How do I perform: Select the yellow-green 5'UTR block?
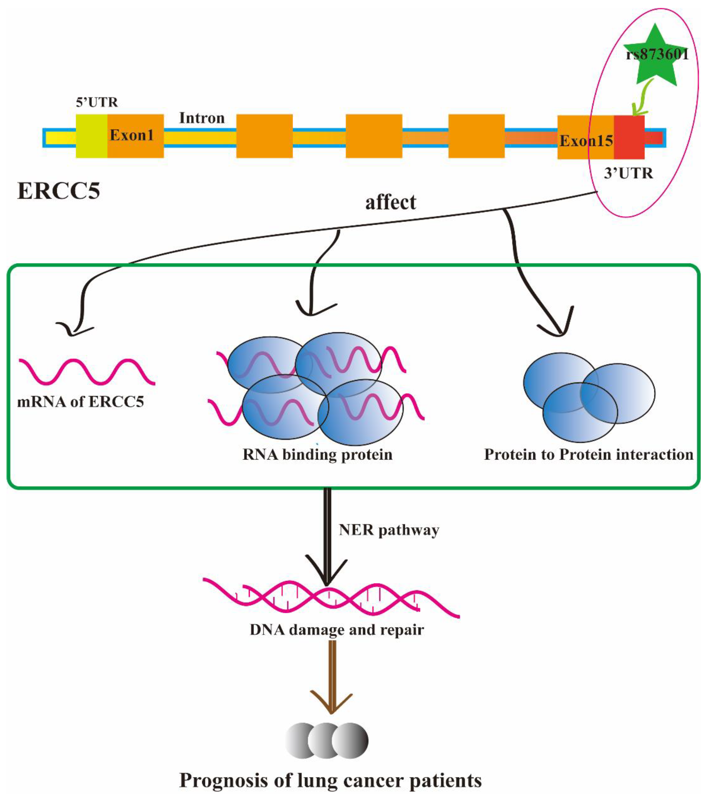[91, 136]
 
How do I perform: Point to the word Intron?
[202, 118]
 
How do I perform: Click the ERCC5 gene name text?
[59, 191]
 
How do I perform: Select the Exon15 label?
[586, 141]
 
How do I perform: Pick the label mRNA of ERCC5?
[80, 402]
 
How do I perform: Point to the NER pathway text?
[389, 530]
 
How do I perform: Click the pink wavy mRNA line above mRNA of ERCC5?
[87, 371]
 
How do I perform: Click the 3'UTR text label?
[628, 173]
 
